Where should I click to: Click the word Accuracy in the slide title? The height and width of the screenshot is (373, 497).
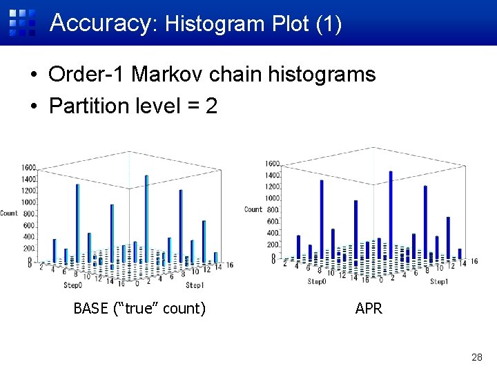pyautogui.click(x=99, y=23)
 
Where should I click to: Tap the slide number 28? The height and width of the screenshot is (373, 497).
pyautogui.click(x=476, y=357)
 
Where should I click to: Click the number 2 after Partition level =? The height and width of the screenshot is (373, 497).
pyautogui.click(x=211, y=106)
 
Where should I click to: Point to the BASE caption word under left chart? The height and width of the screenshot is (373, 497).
pyautogui.click(x=90, y=308)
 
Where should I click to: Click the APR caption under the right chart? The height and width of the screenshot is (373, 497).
pyautogui.click(x=369, y=308)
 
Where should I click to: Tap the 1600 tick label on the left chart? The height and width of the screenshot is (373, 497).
pyautogui.click(x=28, y=168)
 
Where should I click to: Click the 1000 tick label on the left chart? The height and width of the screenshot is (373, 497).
pyautogui.click(x=28, y=202)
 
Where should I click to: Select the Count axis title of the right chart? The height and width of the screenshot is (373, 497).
pyautogui.click(x=253, y=209)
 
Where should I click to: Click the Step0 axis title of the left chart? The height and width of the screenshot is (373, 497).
pyautogui.click(x=72, y=285)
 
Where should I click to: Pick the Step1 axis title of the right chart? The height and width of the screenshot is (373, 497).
pyautogui.click(x=440, y=281)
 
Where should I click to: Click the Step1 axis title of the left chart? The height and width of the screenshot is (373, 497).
pyautogui.click(x=195, y=285)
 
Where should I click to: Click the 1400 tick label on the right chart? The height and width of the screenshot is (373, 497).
pyautogui.click(x=272, y=175)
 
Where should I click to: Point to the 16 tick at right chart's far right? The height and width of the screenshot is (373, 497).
pyautogui.click(x=474, y=261)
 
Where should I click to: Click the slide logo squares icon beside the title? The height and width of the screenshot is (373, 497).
pyautogui.click(x=22, y=22)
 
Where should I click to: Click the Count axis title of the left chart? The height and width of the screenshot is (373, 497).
pyautogui.click(x=9, y=213)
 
